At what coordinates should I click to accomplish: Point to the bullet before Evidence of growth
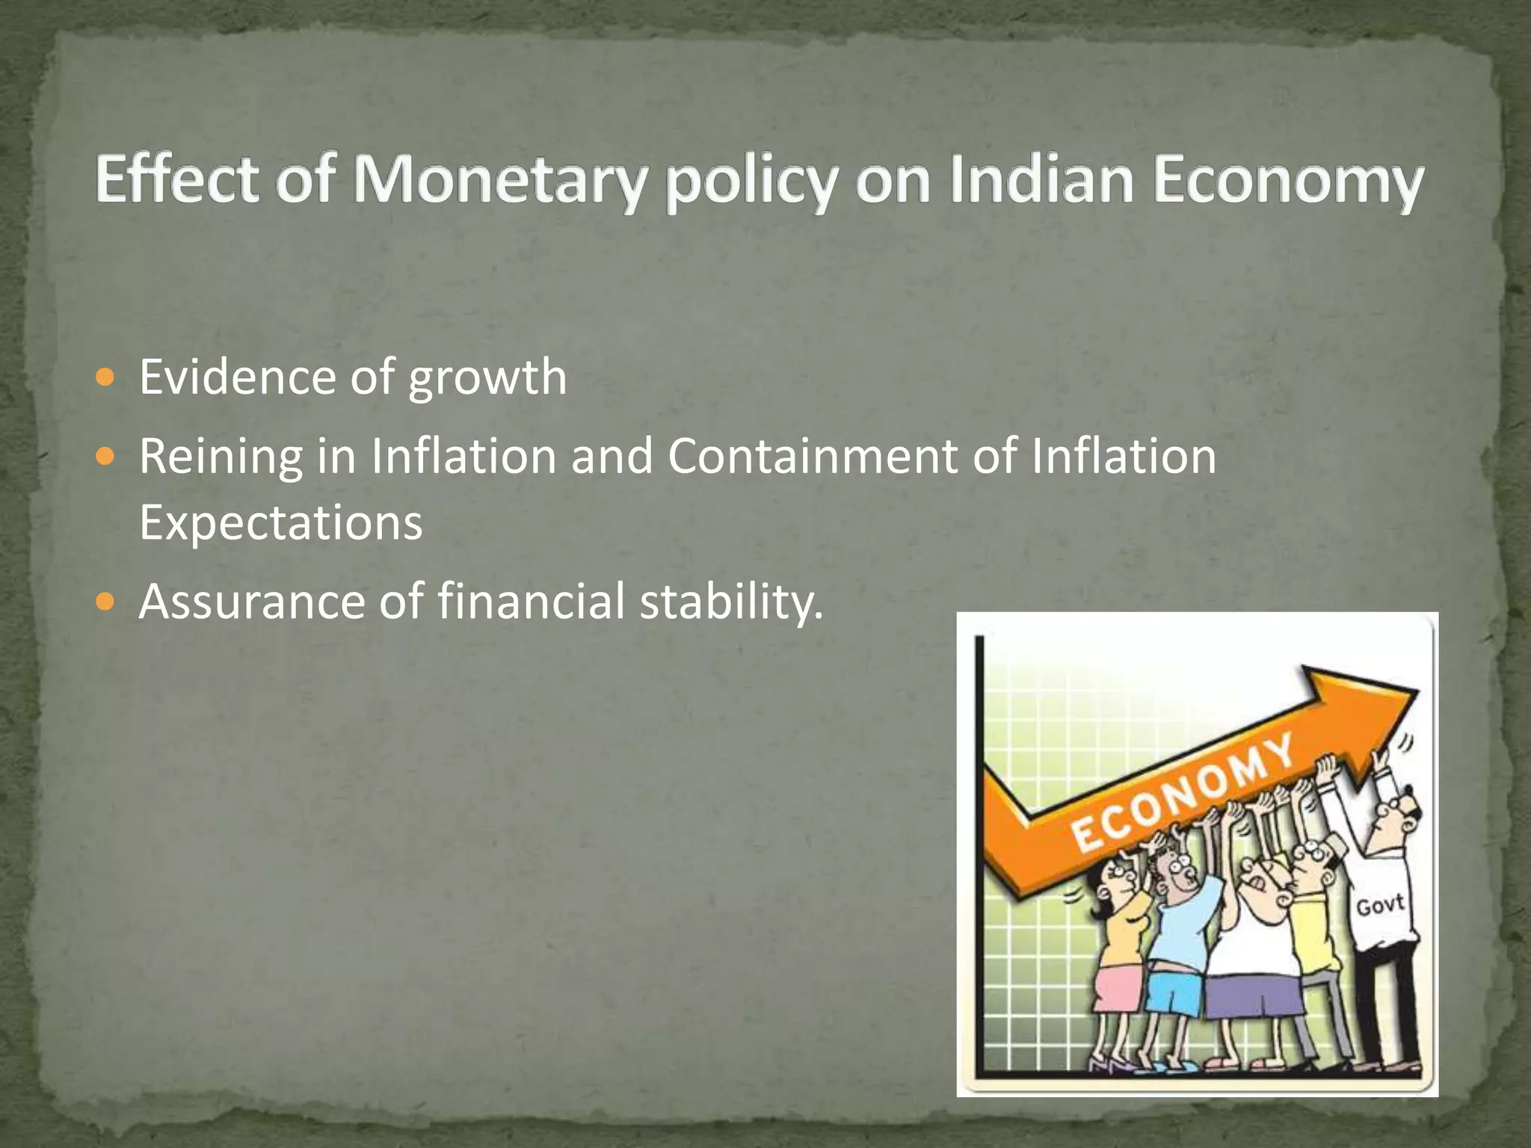tap(107, 377)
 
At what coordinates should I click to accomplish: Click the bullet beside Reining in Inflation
tap(107, 455)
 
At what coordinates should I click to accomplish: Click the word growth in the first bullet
tap(487, 377)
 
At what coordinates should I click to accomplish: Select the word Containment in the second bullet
tap(812, 455)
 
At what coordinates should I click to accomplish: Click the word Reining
tap(221, 457)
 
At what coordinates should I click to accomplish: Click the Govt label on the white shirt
tap(1380, 906)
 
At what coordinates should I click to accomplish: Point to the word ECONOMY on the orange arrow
tap(1180, 793)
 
